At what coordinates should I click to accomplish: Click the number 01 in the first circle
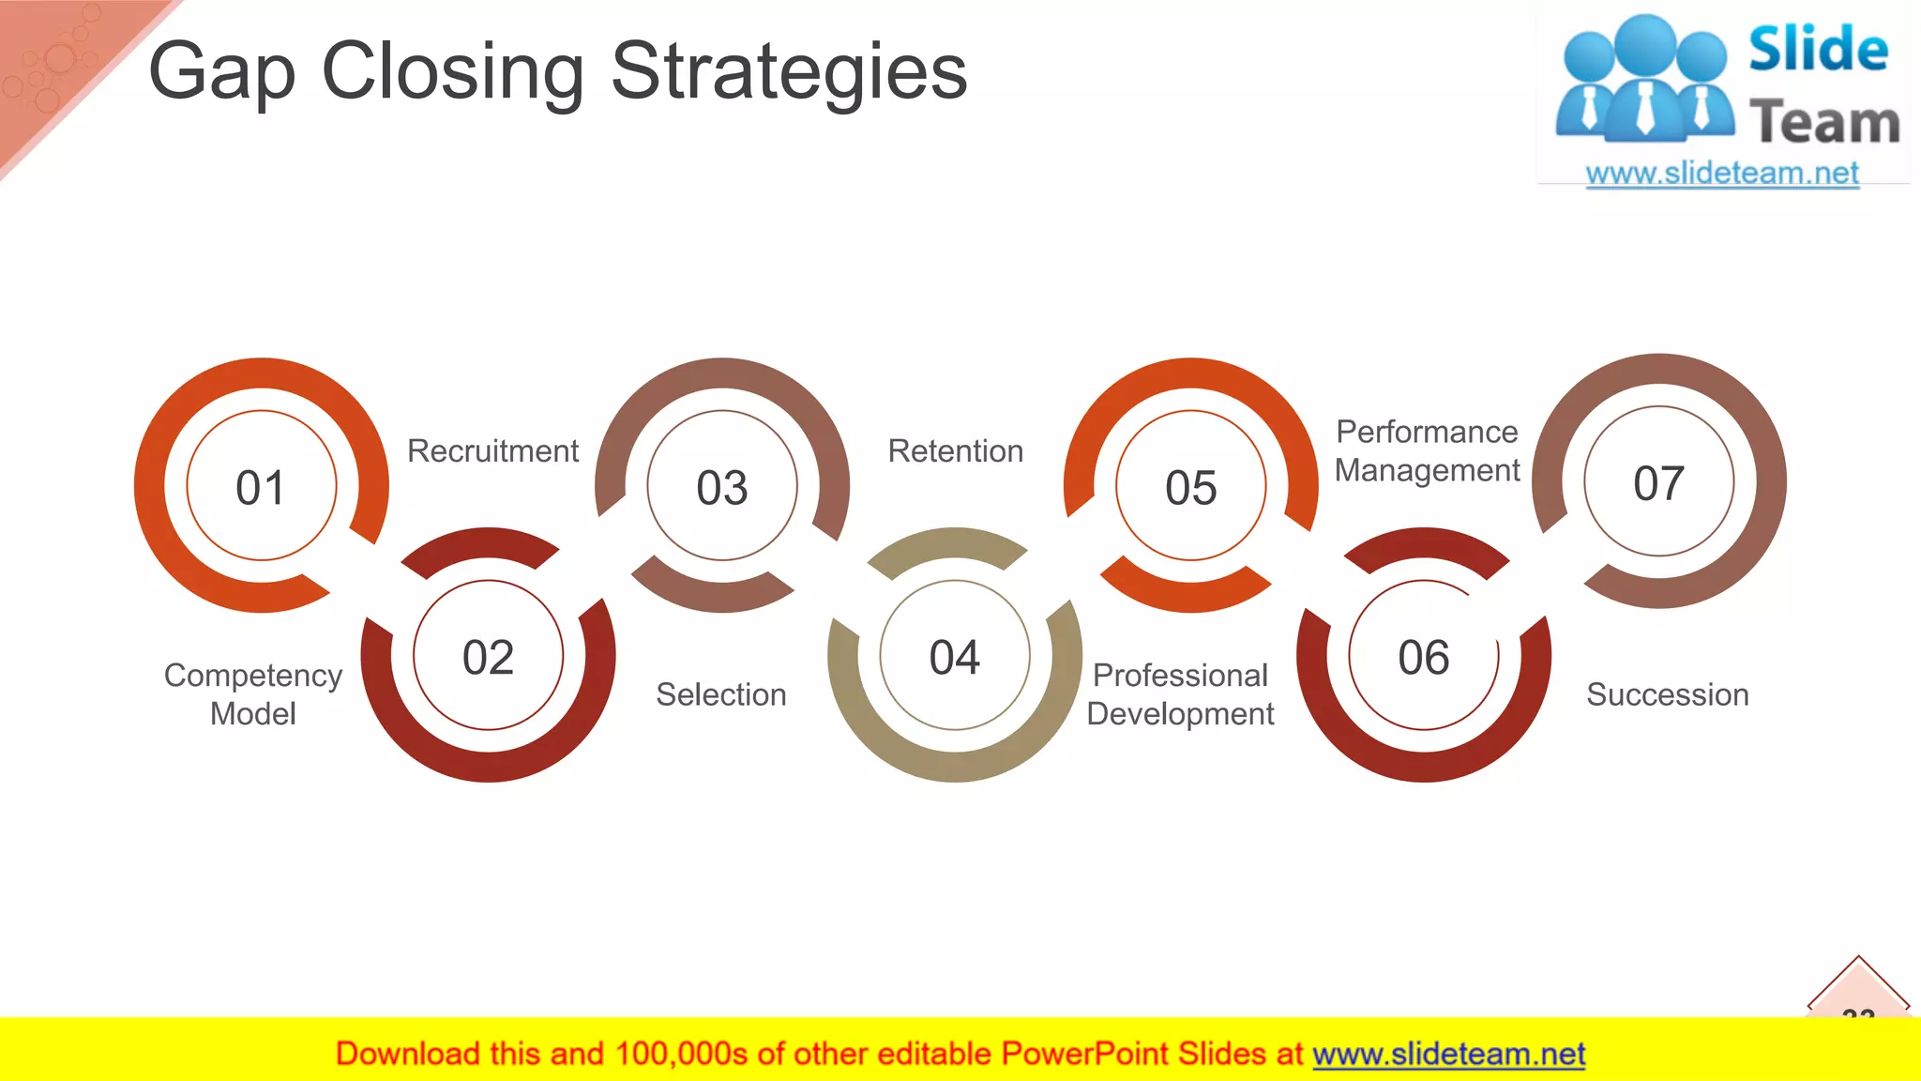coord(261,488)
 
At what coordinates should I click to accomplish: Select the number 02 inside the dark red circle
coord(488,657)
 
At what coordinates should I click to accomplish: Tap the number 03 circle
coord(722,488)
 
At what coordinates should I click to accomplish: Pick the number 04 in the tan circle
coord(955,657)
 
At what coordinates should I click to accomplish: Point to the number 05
coord(1191,488)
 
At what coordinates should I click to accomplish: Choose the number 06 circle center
coord(1424,657)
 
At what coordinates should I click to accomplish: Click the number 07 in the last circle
coord(1658,483)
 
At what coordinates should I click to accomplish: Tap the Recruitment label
coord(492,451)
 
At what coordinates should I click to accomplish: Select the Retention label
coord(955,451)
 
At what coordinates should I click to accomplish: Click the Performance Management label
coord(1427,451)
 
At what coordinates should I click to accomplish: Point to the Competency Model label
coord(253,694)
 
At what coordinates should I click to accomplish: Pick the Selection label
coord(720,695)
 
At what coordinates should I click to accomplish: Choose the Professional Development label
coord(1180,694)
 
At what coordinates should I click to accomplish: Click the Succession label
coord(1667,695)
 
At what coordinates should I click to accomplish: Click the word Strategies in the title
coord(788,73)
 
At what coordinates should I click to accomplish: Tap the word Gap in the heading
coord(222,73)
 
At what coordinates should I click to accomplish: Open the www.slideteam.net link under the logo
coord(1721,174)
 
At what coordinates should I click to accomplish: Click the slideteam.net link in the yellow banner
coord(1448,1055)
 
